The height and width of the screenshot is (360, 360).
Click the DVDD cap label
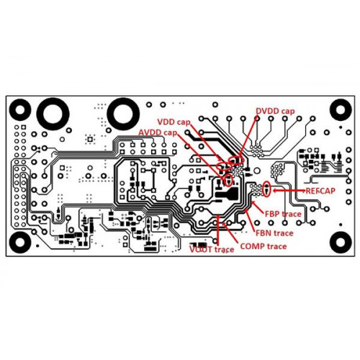[x=275, y=111]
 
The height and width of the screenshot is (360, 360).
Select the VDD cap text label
[x=174, y=122]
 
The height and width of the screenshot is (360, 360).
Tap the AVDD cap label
[x=158, y=132]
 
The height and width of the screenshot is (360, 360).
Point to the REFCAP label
[x=320, y=191]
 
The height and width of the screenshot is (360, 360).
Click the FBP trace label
[x=283, y=214]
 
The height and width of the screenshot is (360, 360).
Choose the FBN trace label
[x=274, y=233]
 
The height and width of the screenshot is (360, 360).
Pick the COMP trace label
[x=264, y=246]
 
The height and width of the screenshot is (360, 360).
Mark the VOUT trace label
[x=212, y=250]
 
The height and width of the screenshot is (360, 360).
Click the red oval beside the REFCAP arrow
[x=266, y=189]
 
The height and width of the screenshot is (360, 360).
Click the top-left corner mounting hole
[x=20, y=109]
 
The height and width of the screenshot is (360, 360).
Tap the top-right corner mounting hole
[x=341, y=109]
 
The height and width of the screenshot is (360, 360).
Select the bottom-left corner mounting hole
[x=20, y=243]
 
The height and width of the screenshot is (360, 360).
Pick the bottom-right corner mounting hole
[x=341, y=243]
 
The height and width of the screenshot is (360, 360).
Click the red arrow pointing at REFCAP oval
[x=289, y=191]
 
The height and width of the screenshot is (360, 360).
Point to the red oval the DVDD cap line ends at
[x=236, y=160]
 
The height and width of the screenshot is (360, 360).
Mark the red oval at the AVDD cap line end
[x=228, y=180]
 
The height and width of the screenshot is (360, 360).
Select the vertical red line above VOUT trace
[x=217, y=229]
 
